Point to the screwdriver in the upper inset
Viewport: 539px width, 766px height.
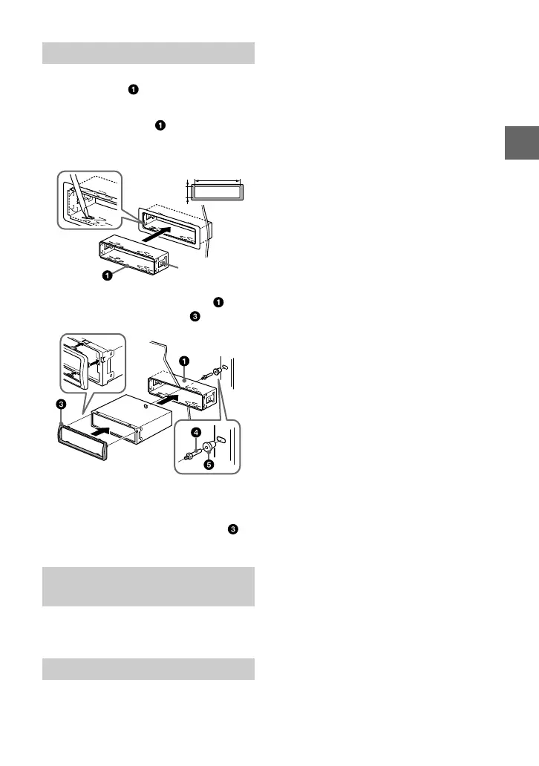[81, 200]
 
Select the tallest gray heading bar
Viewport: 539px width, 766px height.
[148, 586]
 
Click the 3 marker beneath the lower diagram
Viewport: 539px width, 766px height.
[234, 530]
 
